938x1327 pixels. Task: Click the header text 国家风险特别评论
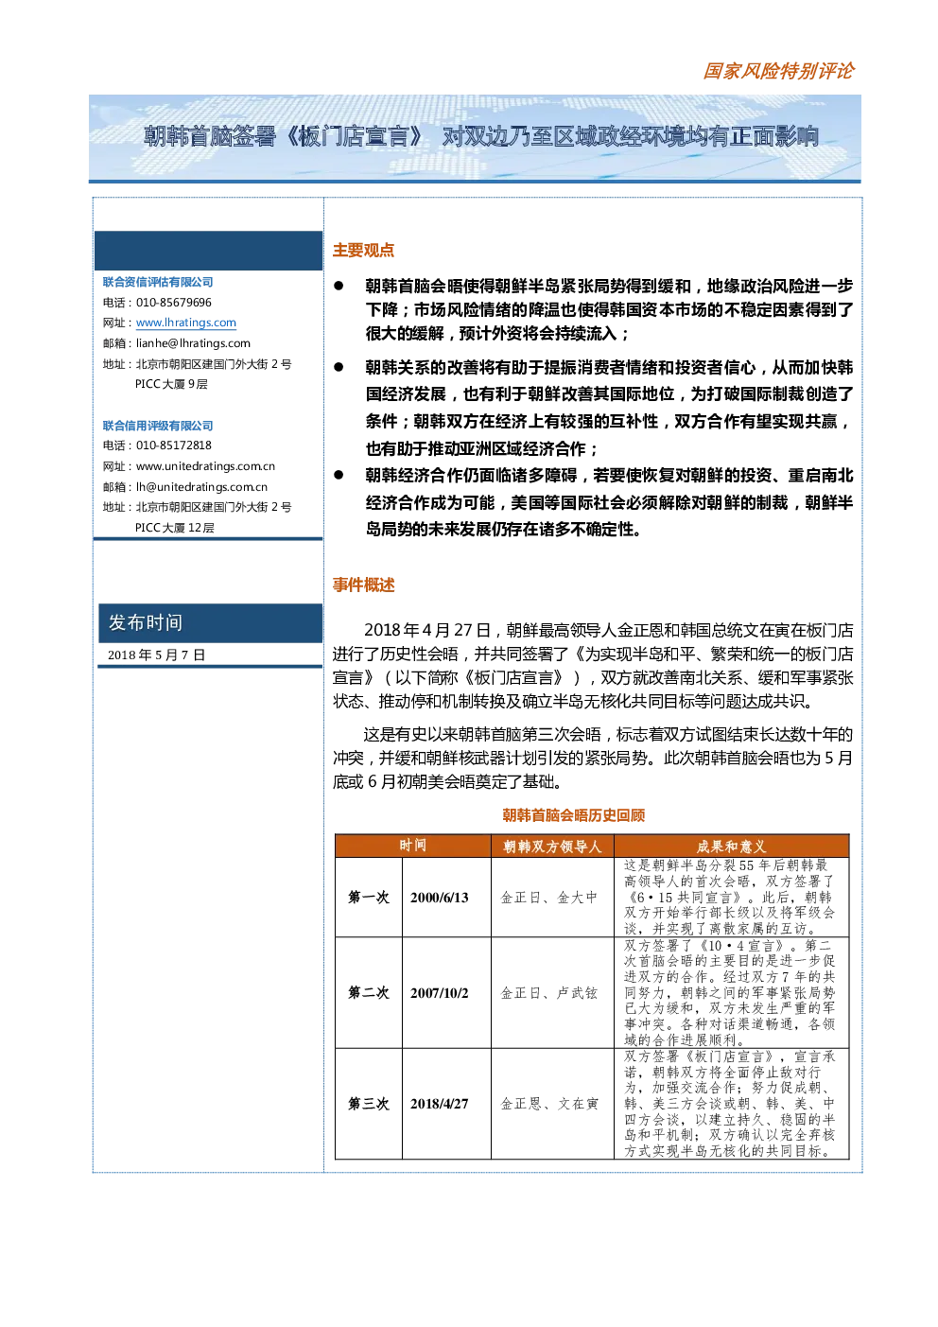click(778, 71)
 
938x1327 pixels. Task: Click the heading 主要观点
click(363, 250)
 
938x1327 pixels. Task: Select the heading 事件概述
click(363, 585)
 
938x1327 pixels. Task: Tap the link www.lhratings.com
click(186, 323)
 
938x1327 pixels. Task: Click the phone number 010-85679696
click(173, 302)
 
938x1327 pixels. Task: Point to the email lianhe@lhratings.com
click(193, 343)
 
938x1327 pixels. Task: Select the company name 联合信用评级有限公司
click(158, 426)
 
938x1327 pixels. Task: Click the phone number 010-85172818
click(173, 445)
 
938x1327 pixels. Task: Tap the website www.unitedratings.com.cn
click(205, 466)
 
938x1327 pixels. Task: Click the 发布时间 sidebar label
click(145, 622)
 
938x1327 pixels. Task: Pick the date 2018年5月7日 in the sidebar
click(156, 655)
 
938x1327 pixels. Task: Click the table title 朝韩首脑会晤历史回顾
click(573, 815)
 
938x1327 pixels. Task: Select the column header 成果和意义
click(731, 847)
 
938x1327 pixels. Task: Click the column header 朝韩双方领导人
click(552, 847)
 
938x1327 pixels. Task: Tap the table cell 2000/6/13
click(440, 898)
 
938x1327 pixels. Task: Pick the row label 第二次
click(369, 992)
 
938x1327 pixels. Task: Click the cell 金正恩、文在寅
click(549, 1104)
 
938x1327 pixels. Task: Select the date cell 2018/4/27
click(440, 1104)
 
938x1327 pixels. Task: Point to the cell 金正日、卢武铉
click(549, 992)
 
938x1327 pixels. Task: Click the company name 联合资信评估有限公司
click(158, 282)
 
